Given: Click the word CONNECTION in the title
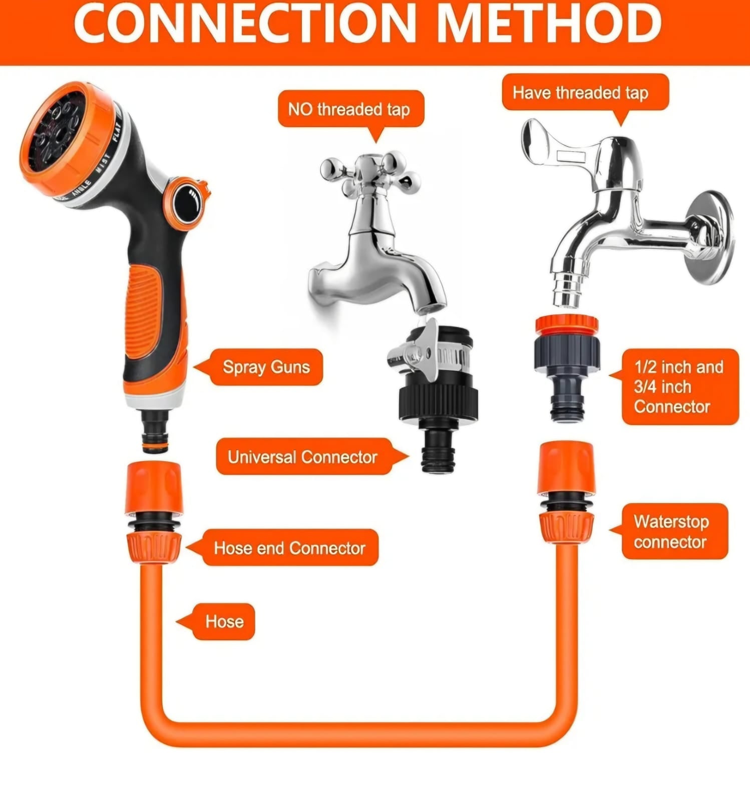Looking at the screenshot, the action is click(x=245, y=23).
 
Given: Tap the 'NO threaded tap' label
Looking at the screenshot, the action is click(x=350, y=109).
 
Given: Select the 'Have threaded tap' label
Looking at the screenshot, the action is click(x=585, y=93).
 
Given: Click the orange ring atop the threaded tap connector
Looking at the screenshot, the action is click(x=566, y=324).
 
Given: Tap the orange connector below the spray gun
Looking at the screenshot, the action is click(x=153, y=512).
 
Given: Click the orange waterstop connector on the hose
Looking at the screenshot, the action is click(x=566, y=492).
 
